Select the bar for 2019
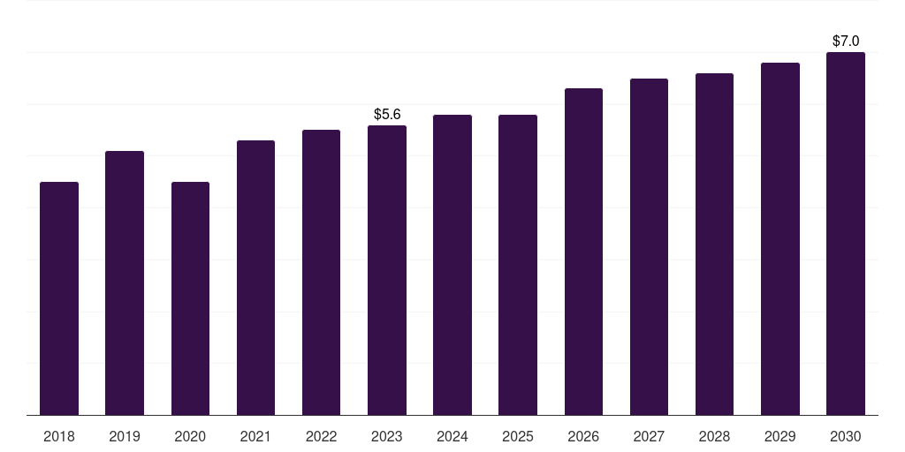(x=125, y=282)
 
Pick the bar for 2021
(x=255, y=277)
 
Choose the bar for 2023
(x=387, y=270)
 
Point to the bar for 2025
(x=518, y=265)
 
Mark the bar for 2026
(x=583, y=252)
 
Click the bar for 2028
(x=714, y=244)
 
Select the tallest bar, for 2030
(x=846, y=233)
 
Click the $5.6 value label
(x=387, y=115)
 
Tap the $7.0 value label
(x=846, y=41)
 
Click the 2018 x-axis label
(x=59, y=436)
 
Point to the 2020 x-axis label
(x=190, y=436)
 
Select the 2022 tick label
(x=321, y=436)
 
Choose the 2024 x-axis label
(x=452, y=436)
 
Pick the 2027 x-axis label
(x=649, y=436)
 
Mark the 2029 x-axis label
(x=780, y=436)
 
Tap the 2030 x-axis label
(x=846, y=436)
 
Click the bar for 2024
(x=452, y=265)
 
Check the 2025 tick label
(x=518, y=436)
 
